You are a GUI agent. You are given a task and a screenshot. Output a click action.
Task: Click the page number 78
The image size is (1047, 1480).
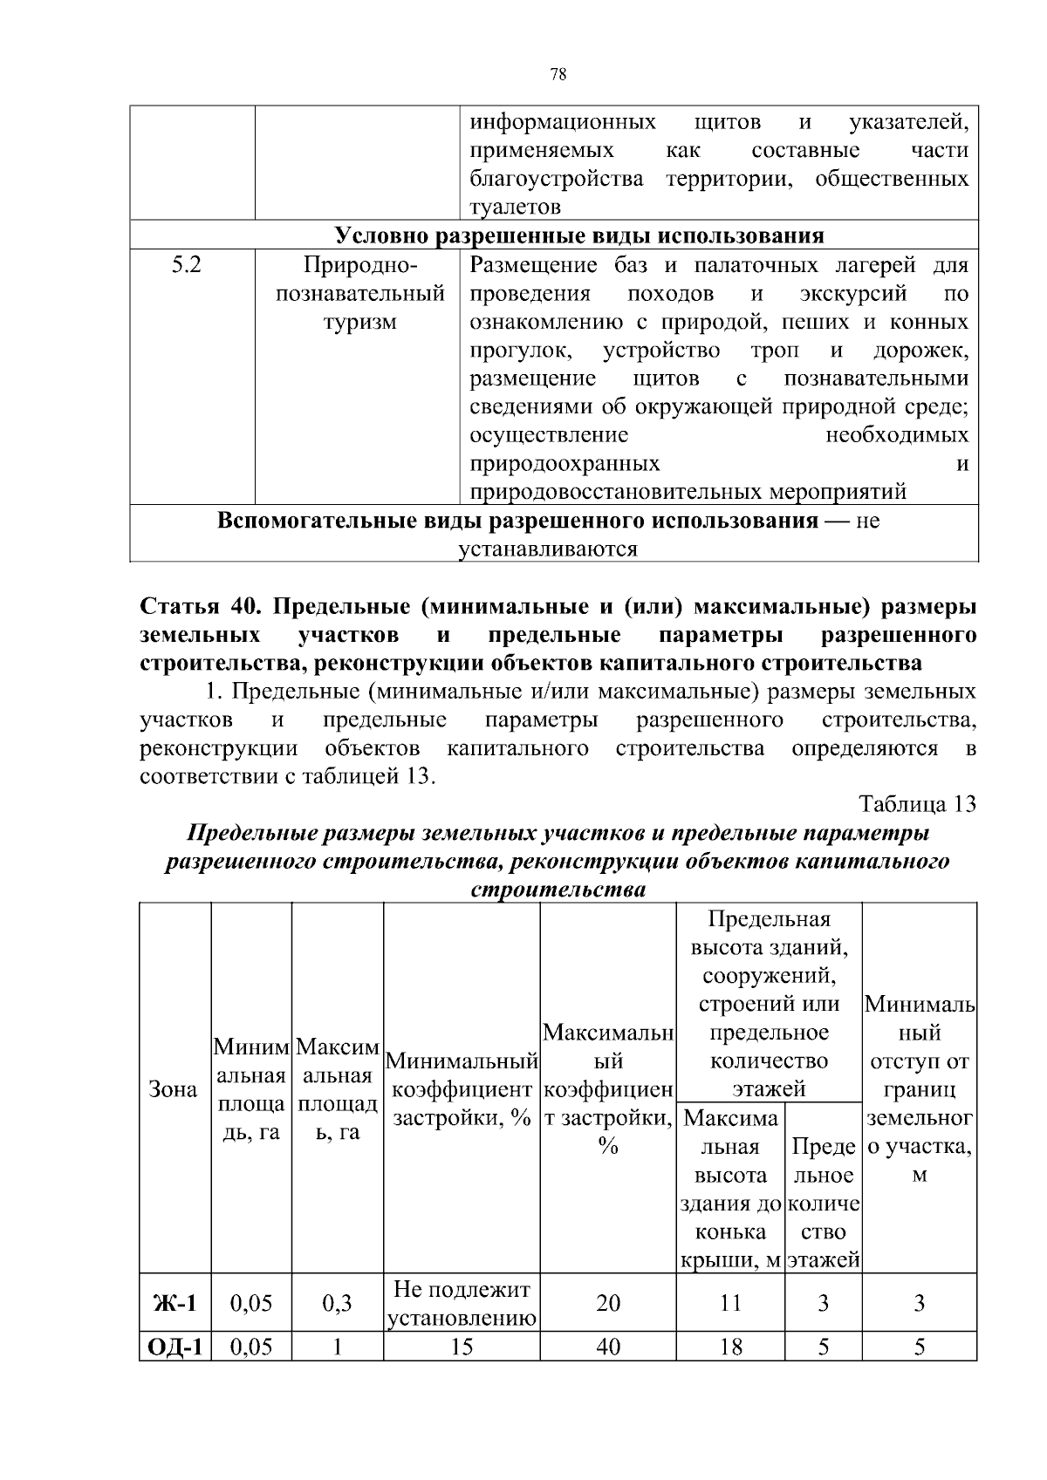[x=559, y=75]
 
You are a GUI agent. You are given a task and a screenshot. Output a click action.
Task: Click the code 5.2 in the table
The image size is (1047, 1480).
[x=186, y=265]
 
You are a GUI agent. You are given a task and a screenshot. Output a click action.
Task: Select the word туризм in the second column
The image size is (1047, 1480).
[x=360, y=322]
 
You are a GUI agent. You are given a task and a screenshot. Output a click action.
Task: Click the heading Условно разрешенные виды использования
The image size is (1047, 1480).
[x=580, y=236]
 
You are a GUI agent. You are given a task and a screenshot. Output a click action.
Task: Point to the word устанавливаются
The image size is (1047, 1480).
[x=549, y=549]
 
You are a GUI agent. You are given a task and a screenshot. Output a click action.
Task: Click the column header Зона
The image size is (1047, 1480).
[x=174, y=1090]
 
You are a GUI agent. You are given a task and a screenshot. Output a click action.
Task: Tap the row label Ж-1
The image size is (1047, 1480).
[x=174, y=1303]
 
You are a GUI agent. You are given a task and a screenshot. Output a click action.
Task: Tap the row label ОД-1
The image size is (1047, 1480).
[x=174, y=1347]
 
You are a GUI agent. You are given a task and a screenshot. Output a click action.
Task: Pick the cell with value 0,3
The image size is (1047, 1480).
[x=337, y=1303]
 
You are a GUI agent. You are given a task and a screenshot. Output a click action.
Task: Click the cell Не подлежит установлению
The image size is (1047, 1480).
[x=462, y=1303]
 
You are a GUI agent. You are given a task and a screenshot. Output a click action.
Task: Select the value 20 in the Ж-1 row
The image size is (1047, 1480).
[x=608, y=1303]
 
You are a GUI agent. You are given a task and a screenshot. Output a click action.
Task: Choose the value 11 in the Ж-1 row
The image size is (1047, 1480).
[x=730, y=1303]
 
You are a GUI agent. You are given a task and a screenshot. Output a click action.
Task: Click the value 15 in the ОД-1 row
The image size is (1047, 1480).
[x=462, y=1347]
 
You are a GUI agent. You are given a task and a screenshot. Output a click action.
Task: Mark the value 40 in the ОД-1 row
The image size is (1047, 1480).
[x=608, y=1347]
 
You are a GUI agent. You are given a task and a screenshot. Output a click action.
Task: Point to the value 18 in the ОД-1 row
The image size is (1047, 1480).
[x=730, y=1347]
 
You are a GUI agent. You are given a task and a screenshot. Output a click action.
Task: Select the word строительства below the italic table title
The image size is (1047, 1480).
[x=558, y=890]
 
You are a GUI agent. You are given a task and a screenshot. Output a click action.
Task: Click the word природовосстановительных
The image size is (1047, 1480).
[x=616, y=492]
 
